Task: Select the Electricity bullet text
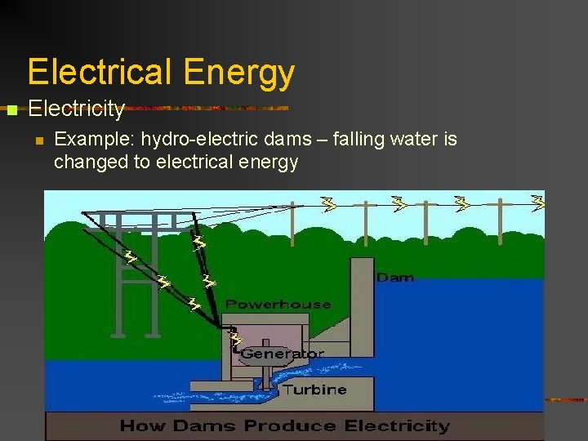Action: click(76, 108)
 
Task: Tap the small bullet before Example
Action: click(38, 140)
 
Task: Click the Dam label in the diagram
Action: click(395, 278)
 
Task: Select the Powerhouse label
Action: click(278, 305)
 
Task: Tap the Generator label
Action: click(282, 354)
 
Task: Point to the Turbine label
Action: click(314, 390)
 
